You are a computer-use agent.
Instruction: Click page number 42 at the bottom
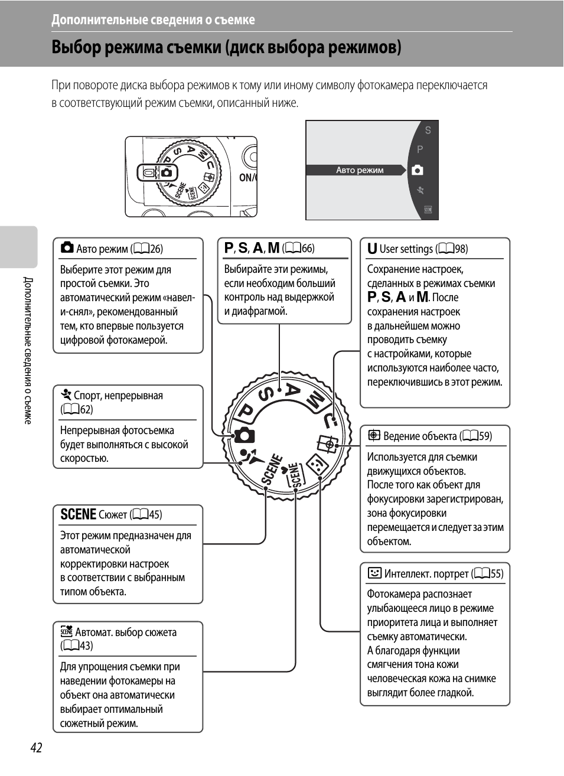point(36,748)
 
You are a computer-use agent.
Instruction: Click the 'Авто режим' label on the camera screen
point(360,170)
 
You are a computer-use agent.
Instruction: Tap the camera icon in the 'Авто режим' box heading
point(67,247)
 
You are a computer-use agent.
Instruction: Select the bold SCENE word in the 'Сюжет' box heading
point(78,514)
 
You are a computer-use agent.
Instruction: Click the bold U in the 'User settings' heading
point(372,249)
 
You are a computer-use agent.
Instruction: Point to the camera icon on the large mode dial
point(244,436)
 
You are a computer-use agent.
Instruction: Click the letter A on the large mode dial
point(292,389)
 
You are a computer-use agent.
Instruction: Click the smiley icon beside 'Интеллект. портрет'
point(374,573)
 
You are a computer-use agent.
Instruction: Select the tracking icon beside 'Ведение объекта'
point(374,436)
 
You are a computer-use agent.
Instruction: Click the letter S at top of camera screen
point(428,131)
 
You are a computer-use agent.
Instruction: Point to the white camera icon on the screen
point(418,170)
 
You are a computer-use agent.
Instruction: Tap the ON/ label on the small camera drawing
point(247,177)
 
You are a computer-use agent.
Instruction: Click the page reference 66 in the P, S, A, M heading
point(307,248)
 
